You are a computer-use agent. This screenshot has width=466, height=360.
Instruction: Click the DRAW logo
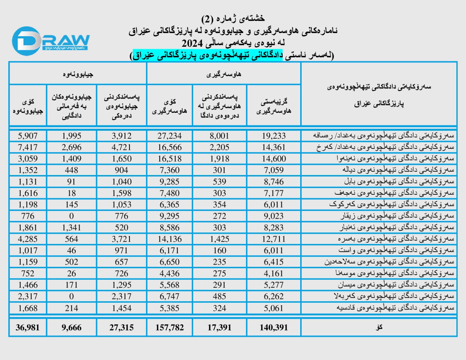click(x=50, y=41)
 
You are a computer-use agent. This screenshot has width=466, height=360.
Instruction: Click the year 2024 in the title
click(x=192, y=43)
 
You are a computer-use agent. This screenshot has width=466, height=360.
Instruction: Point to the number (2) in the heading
click(x=207, y=19)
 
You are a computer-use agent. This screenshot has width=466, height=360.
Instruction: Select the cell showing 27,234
click(x=170, y=136)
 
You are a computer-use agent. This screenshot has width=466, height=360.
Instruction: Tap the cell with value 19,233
click(x=273, y=136)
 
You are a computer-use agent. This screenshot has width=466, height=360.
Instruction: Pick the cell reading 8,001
click(x=219, y=136)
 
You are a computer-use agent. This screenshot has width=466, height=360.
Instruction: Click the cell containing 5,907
click(x=28, y=136)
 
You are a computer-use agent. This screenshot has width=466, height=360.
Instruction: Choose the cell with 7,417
click(x=28, y=147)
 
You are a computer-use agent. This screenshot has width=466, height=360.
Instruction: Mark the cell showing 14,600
click(x=273, y=159)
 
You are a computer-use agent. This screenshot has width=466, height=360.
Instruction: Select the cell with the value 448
click(x=71, y=170)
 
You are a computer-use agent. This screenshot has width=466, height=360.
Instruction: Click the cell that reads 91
click(x=71, y=182)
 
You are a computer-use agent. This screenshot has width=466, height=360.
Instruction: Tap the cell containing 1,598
click(x=121, y=193)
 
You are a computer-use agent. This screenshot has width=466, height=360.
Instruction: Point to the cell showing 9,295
click(x=170, y=216)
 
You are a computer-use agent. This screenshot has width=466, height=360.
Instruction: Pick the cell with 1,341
click(x=71, y=227)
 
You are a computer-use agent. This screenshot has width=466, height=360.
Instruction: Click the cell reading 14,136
click(x=170, y=239)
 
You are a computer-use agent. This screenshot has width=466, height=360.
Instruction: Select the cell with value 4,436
click(x=170, y=273)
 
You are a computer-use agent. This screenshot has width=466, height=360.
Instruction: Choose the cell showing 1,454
click(x=121, y=308)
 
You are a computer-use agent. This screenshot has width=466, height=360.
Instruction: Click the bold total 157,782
click(x=170, y=328)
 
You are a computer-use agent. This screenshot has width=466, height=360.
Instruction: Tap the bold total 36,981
click(x=28, y=328)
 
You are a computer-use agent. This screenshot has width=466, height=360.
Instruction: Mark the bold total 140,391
click(x=273, y=328)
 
